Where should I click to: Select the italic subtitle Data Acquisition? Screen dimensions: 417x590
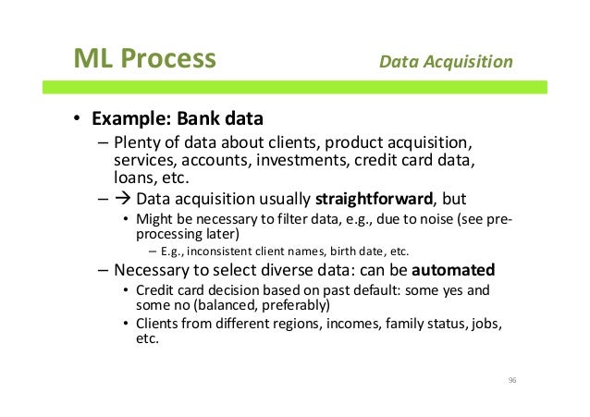pos(446,62)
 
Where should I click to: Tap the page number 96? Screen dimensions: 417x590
pos(510,379)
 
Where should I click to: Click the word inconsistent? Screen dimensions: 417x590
pos(219,251)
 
